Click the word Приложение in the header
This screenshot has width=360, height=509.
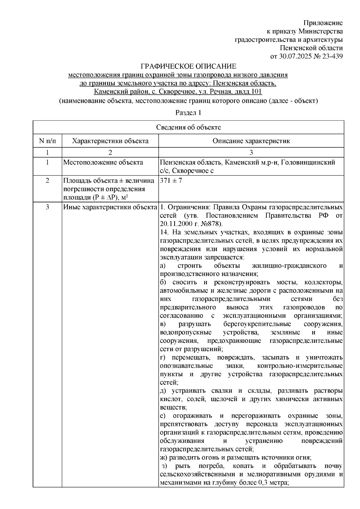323,23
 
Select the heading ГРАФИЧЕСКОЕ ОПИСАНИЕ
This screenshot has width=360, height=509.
189,66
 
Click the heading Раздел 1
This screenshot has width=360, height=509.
188,113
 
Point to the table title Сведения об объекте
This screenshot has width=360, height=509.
188,127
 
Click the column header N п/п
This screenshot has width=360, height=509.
47,141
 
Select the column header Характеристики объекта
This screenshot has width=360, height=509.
110,141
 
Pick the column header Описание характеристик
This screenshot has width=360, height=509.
251,141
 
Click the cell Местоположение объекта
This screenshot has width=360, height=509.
103,163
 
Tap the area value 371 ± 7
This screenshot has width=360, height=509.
171,181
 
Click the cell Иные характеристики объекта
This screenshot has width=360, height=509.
110,207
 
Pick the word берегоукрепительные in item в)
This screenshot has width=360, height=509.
257,324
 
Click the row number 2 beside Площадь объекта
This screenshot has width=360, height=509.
47,181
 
